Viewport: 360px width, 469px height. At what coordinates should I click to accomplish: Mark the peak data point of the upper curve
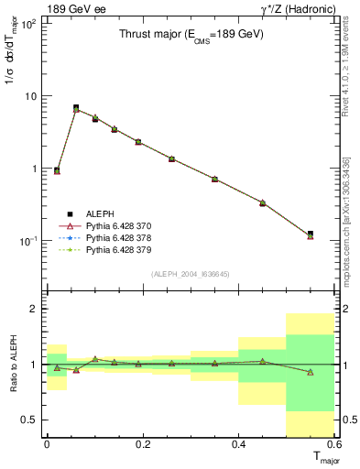click(76, 108)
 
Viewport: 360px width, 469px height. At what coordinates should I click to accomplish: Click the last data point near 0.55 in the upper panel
click(311, 235)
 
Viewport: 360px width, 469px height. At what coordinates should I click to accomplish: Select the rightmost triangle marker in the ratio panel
click(311, 372)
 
